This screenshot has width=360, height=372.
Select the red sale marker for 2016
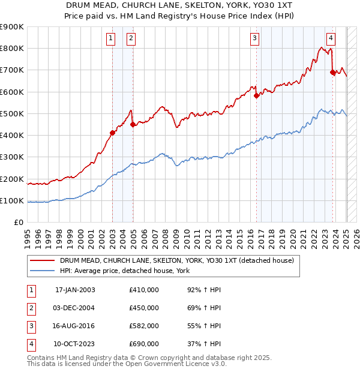pos(256,95)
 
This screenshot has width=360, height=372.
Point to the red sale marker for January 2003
pos(112,133)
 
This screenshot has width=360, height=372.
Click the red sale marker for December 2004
pos(133,124)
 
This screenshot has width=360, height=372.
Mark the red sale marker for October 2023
pos(333,72)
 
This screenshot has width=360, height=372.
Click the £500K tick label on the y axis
pos(11,113)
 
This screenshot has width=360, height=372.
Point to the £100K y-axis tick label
pos(11,200)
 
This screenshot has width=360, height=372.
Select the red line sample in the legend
pos(43,260)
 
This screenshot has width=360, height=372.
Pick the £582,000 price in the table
pos(144,326)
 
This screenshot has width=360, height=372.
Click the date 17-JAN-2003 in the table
pos(75,290)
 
